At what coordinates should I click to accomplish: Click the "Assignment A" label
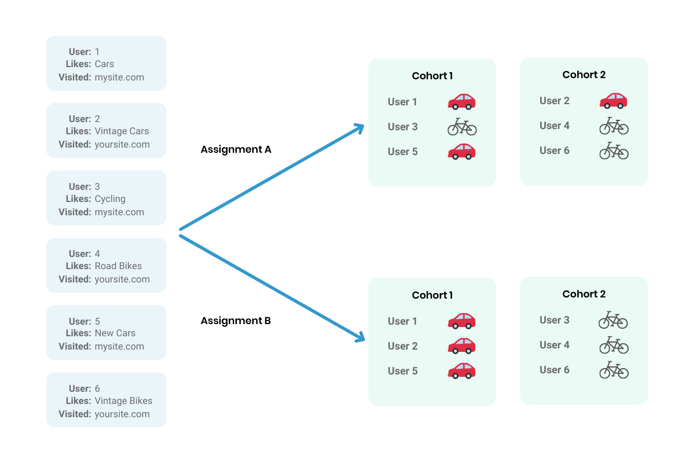pyautogui.click(x=235, y=149)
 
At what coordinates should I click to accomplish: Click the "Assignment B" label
pyautogui.click(x=235, y=321)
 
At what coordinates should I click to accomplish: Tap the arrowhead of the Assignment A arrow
pyautogui.click(x=360, y=128)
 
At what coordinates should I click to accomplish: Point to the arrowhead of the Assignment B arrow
pyautogui.click(x=360, y=337)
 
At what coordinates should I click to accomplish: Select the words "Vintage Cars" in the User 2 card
pyautogui.click(x=121, y=131)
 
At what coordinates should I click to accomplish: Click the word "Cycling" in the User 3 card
pyautogui.click(x=110, y=199)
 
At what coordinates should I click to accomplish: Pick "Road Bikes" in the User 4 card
pyautogui.click(x=118, y=266)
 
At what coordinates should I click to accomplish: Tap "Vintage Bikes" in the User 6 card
pyautogui.click(x=123, y=400)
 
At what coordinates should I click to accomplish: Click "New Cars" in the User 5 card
pyautogui.click(x=115, y=333)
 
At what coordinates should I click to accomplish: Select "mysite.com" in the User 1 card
pyautogui.click(x=119, y=78)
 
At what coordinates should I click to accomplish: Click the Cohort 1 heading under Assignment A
pyautogui.click(x=432, y=76)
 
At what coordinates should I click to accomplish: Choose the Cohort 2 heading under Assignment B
pyautogui.click(x=584, y=294)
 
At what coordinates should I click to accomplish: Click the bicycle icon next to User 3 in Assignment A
pyautogui.click(x=462, y=127)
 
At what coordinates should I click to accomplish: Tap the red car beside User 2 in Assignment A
pyautogui.click(x=613, y=101)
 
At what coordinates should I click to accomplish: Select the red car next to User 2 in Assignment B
pyautogui.click(x=462, y=346)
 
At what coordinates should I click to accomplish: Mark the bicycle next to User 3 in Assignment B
pyautogui.click(x=613, y=320)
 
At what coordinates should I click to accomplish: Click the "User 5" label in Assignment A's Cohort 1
pyautogui.click(x=402, y=152)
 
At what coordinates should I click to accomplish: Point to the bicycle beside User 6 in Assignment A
pyautogui.click(x=613, y=150)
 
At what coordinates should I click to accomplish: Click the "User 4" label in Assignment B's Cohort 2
pyautogui.click(x=554, y=345)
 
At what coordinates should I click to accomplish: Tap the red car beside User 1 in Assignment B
pyautogui.click(x=462, y=321)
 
